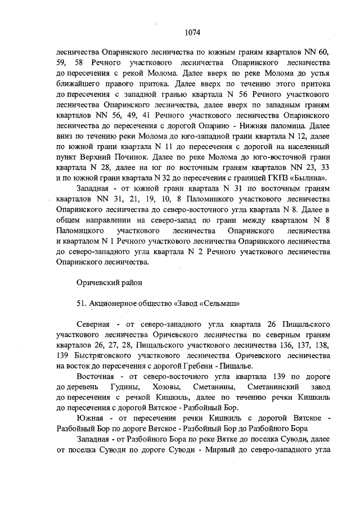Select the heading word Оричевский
[x=96, y=281]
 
